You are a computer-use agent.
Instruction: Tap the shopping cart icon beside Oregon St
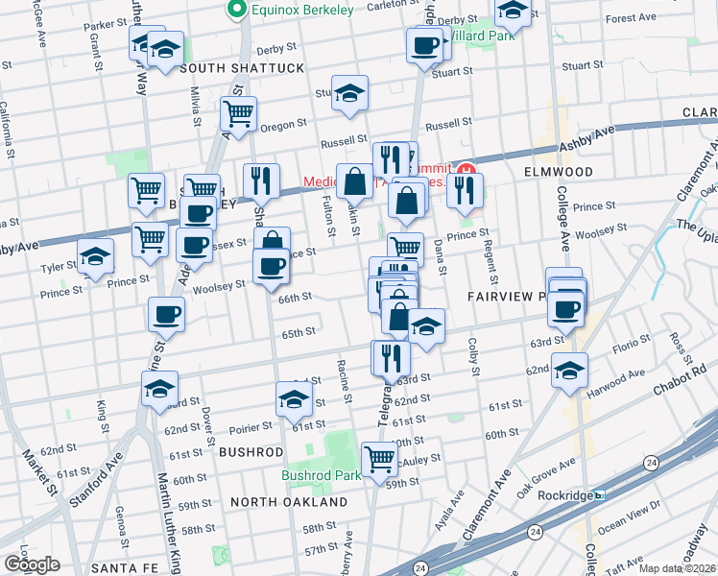pos(238,113)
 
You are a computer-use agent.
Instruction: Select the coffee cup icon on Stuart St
pos(423,45)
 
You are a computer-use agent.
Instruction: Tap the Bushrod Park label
pos(321,474)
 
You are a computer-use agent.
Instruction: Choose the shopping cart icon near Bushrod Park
pos(379,457)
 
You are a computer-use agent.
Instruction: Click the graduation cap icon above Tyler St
pos(95,256)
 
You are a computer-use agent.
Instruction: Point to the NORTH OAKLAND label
pos(289,502)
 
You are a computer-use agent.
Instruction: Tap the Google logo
pos(32,564)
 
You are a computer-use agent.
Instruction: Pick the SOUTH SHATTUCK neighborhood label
pos(227,68)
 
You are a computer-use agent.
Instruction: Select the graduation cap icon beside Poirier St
pos(294,398)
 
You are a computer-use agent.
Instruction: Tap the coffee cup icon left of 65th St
pos(167,314)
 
